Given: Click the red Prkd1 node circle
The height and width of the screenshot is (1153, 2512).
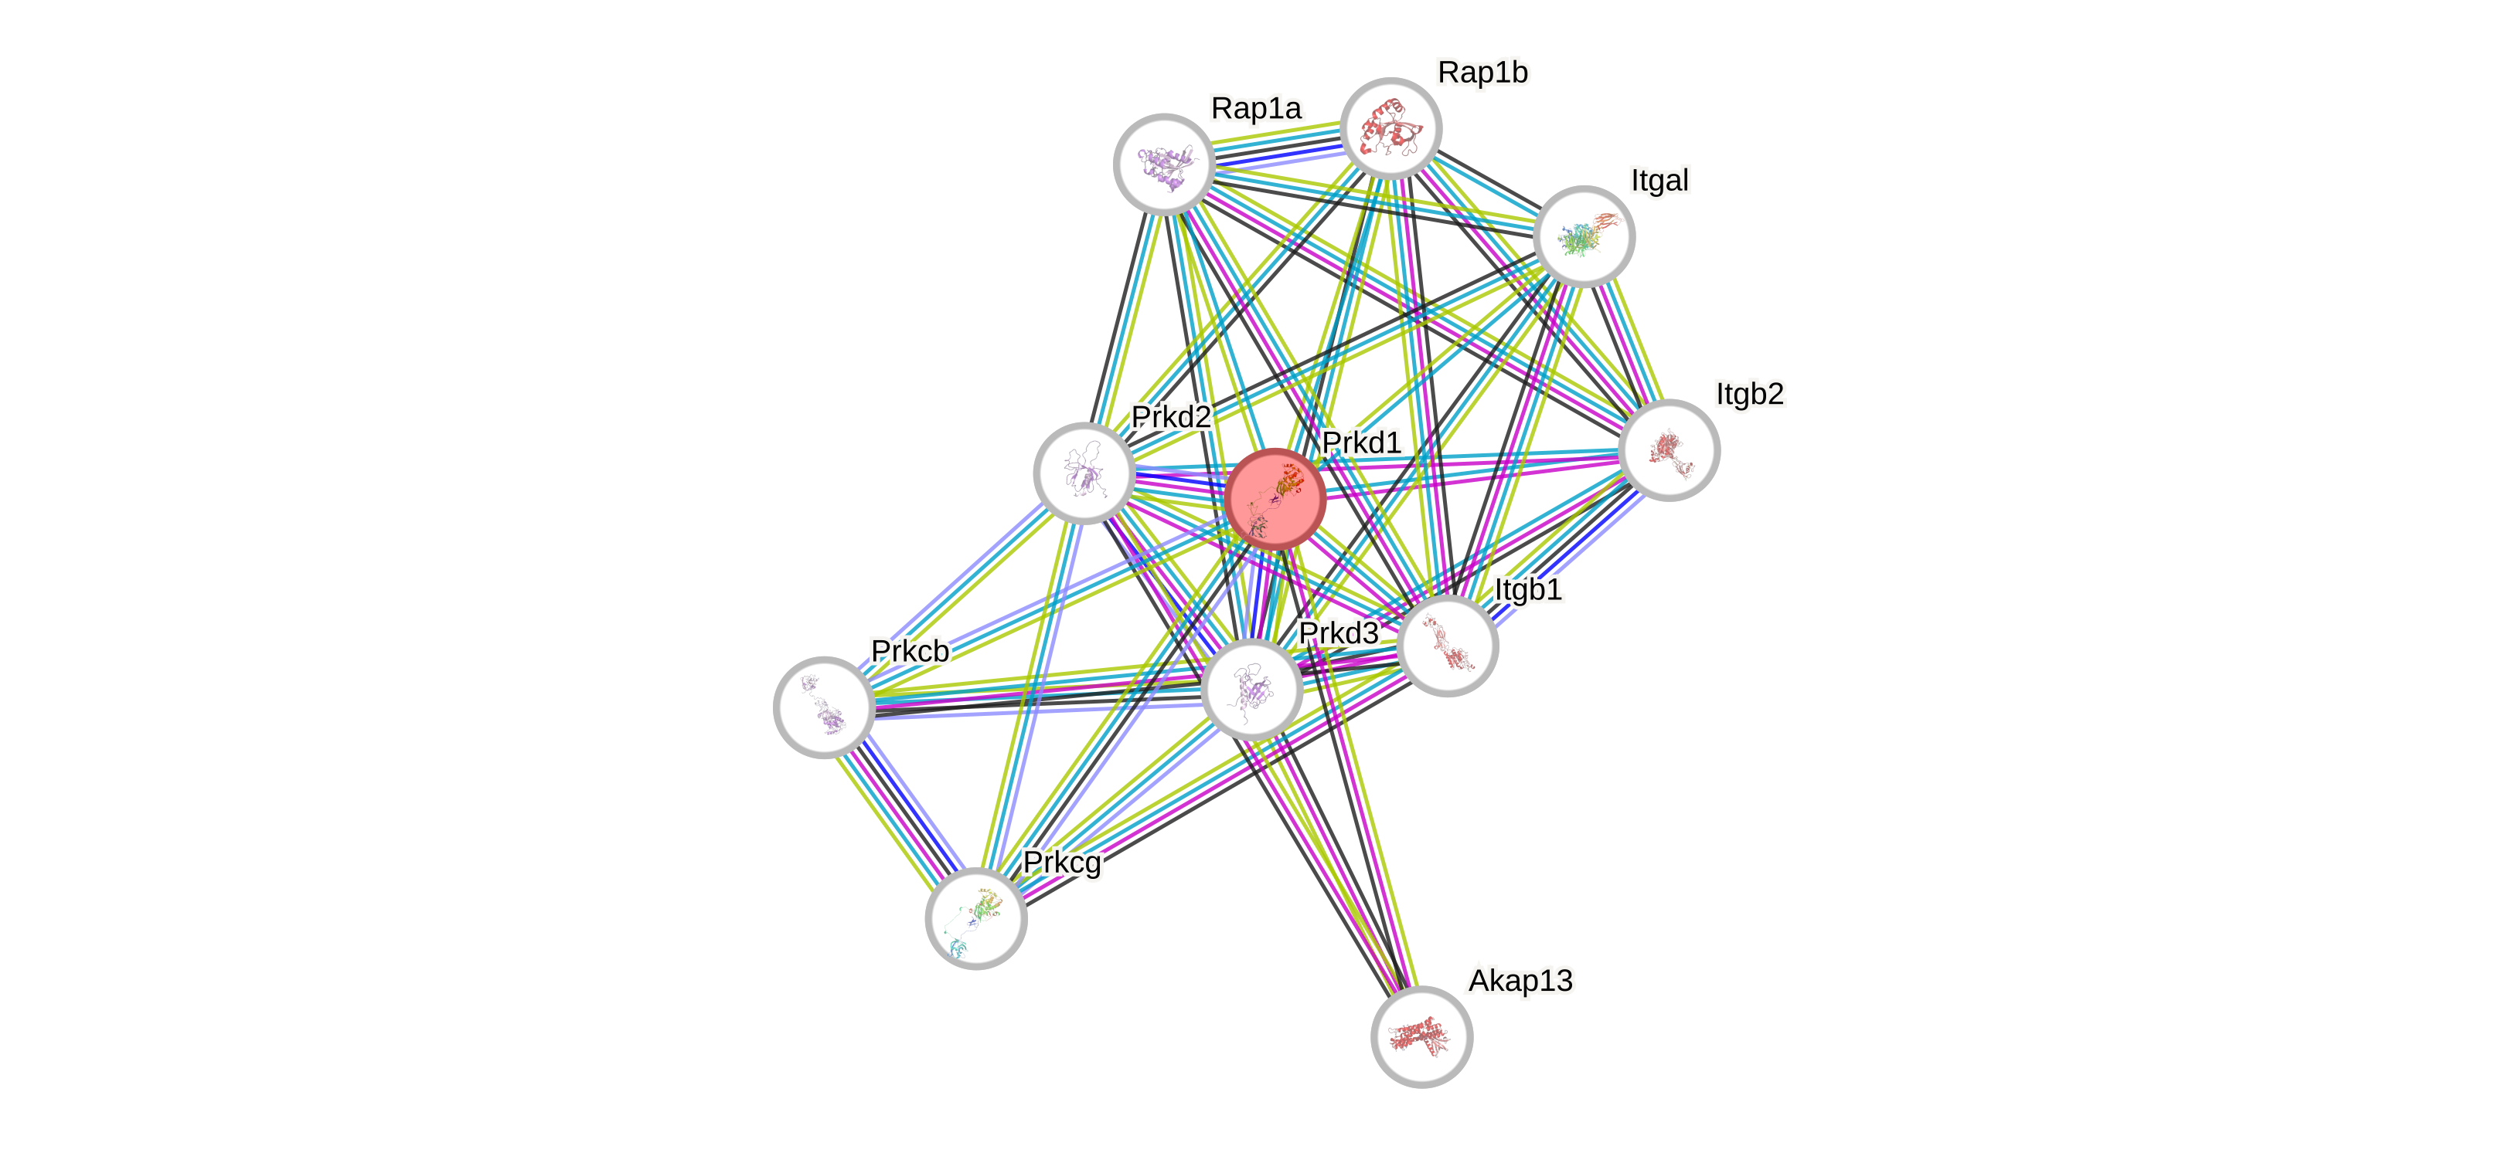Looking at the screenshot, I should tap(1275, 498).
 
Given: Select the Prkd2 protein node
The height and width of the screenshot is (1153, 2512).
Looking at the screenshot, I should tap(1084, 473).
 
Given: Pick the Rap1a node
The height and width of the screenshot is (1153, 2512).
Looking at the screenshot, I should tap(1163, 164).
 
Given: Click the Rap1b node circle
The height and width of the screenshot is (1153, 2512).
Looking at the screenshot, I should tap(1390, 127).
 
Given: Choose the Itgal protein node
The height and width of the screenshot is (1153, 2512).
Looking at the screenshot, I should tap(1584, 236).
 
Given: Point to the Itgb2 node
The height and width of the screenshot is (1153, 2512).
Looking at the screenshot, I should tap(1669, 449).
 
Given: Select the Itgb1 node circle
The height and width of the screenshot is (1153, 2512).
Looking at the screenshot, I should tap(1447, 645).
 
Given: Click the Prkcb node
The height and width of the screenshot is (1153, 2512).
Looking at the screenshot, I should tap(824, 707).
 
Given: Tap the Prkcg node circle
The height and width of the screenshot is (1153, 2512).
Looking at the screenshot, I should tap(975, 918).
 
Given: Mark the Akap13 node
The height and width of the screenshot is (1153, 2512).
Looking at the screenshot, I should tap(1421, 1036).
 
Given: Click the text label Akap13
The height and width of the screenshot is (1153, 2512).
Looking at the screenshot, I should tap(1520, 981).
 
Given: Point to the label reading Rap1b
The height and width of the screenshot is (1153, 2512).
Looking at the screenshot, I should tap(1482, 72).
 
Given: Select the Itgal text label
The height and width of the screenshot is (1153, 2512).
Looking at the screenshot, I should tap(1659, 180).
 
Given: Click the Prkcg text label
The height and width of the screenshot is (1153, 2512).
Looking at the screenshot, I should tap(1062, 863).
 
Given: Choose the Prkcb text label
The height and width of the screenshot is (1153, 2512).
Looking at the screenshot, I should tap(910, 651).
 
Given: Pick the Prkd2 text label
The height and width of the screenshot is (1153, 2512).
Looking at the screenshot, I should tap(1170, 417).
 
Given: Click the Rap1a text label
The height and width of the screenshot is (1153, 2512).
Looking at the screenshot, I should tap(1255, 108).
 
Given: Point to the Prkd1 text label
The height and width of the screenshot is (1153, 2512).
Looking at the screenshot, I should tap(1361, 443).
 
